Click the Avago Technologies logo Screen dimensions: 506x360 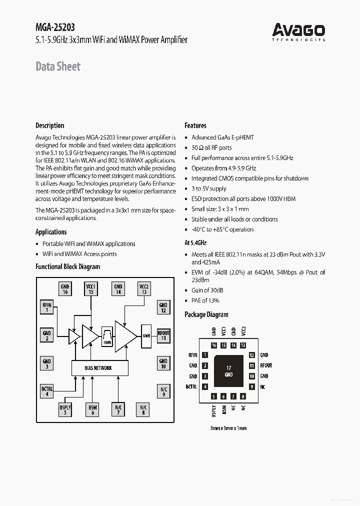point(298,31)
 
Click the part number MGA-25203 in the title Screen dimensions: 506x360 point(55,28)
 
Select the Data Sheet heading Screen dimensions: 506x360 point(58,66)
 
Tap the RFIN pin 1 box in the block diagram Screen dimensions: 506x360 point(46,306)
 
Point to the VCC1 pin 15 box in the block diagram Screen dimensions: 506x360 point(91,289)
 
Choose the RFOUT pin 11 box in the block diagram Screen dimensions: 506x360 point(163,335)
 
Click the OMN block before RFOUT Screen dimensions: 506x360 point(146,335)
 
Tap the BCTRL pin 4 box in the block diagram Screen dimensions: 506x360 point(46,391)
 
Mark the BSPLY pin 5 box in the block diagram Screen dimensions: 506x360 point(65,410)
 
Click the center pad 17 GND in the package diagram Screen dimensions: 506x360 point(228,371)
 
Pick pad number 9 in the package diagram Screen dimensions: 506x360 point(252,386)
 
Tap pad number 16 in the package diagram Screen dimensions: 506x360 point(214,345)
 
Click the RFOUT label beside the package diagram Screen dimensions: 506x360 point(266,365)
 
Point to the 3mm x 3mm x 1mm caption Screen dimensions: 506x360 point(228,428)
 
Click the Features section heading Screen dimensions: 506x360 point(195,125)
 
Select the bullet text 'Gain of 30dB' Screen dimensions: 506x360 point(207,290)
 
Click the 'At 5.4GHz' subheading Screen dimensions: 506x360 point(195,242)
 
